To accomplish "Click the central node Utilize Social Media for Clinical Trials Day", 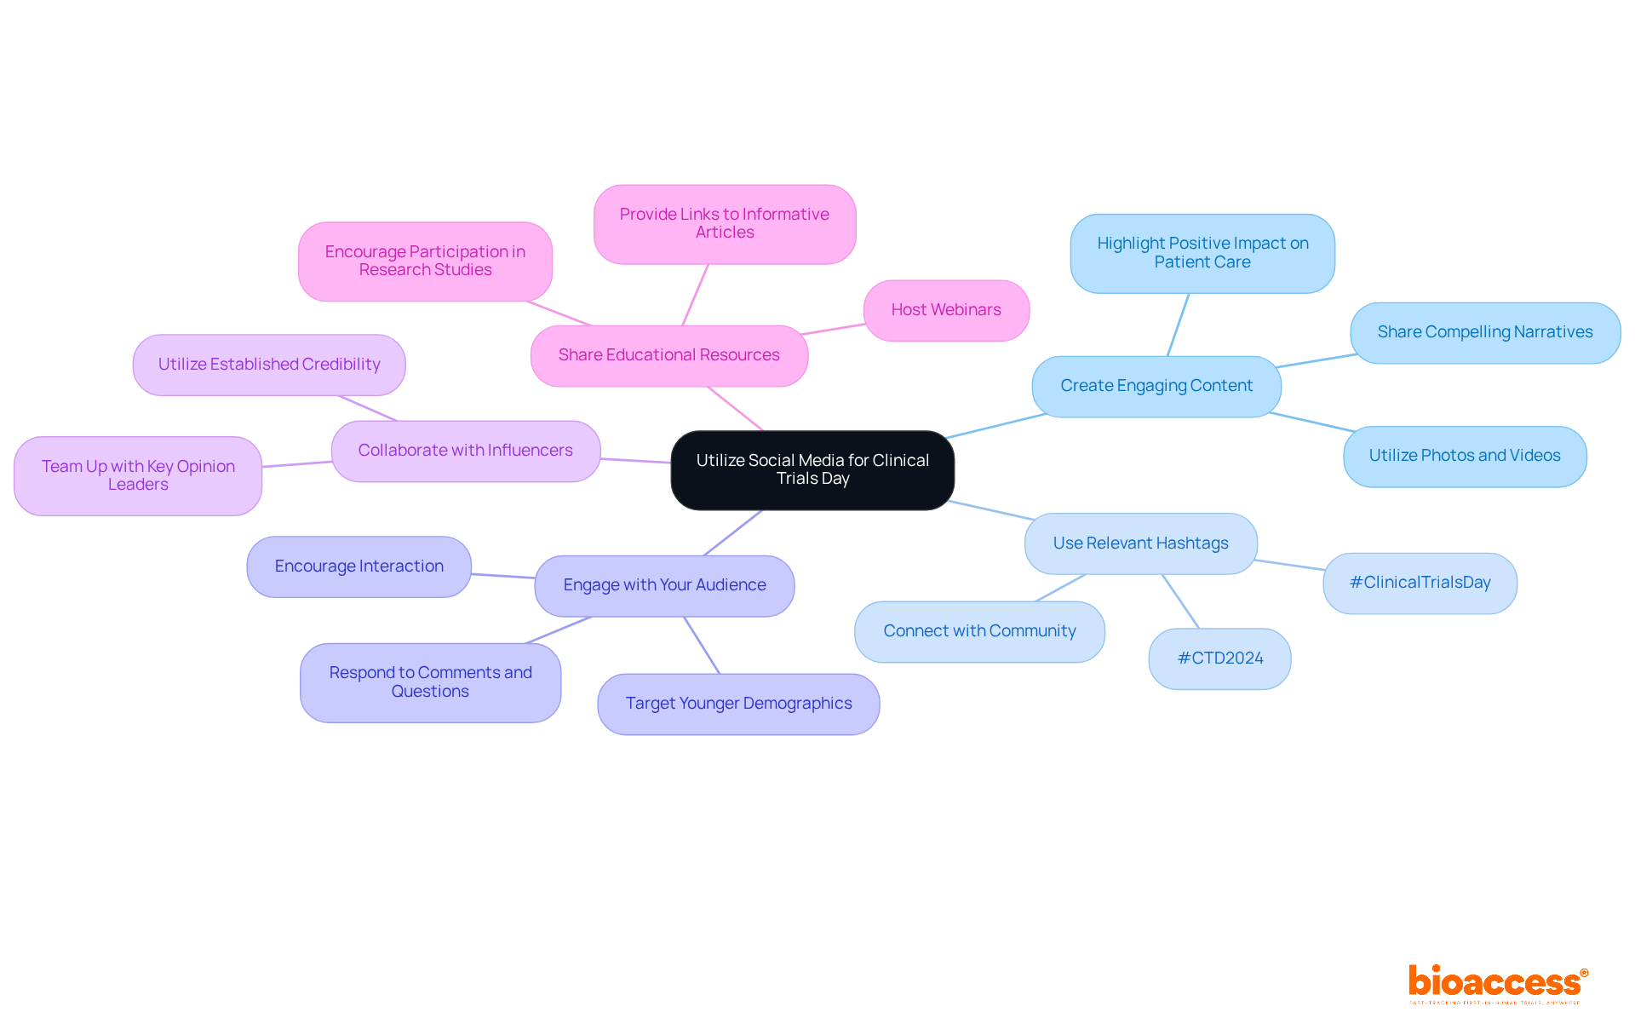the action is point(812,469).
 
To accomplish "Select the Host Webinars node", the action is point(946,310).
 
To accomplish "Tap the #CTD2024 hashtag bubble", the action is point(1219,658).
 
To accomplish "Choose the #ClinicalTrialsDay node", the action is point(1420,583).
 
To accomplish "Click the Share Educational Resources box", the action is point(668,355).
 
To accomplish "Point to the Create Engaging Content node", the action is point(1156,386).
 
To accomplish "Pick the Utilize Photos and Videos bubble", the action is point(1464,456).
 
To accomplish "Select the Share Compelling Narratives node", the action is point(1484,332).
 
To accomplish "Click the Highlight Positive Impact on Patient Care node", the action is point(1202,253).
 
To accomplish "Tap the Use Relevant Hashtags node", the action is point(1140,543).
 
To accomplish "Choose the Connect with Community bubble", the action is point(979,631).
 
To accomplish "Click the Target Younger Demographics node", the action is point(738,704).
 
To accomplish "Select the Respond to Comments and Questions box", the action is point(430,682).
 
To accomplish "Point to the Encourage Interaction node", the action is point(359,566).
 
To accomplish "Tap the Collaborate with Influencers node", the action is point(465,451).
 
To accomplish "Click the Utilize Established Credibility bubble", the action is point(268,365).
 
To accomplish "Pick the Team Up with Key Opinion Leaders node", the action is point(138,475).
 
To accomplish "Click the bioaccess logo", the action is point(1497,983).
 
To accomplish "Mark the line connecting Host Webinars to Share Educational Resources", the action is point(834,329).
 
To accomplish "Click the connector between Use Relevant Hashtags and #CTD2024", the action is point(1180,601).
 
